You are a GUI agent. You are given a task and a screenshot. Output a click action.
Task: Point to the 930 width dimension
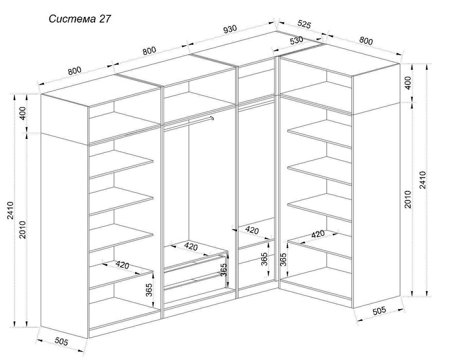(x=229, y=30)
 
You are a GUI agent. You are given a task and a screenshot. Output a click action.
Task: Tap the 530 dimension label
(x=297, y=41)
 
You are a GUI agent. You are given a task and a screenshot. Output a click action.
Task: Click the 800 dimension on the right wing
(x=366, y=40)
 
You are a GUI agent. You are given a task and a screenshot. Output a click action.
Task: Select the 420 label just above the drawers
(x=191, y=246)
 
